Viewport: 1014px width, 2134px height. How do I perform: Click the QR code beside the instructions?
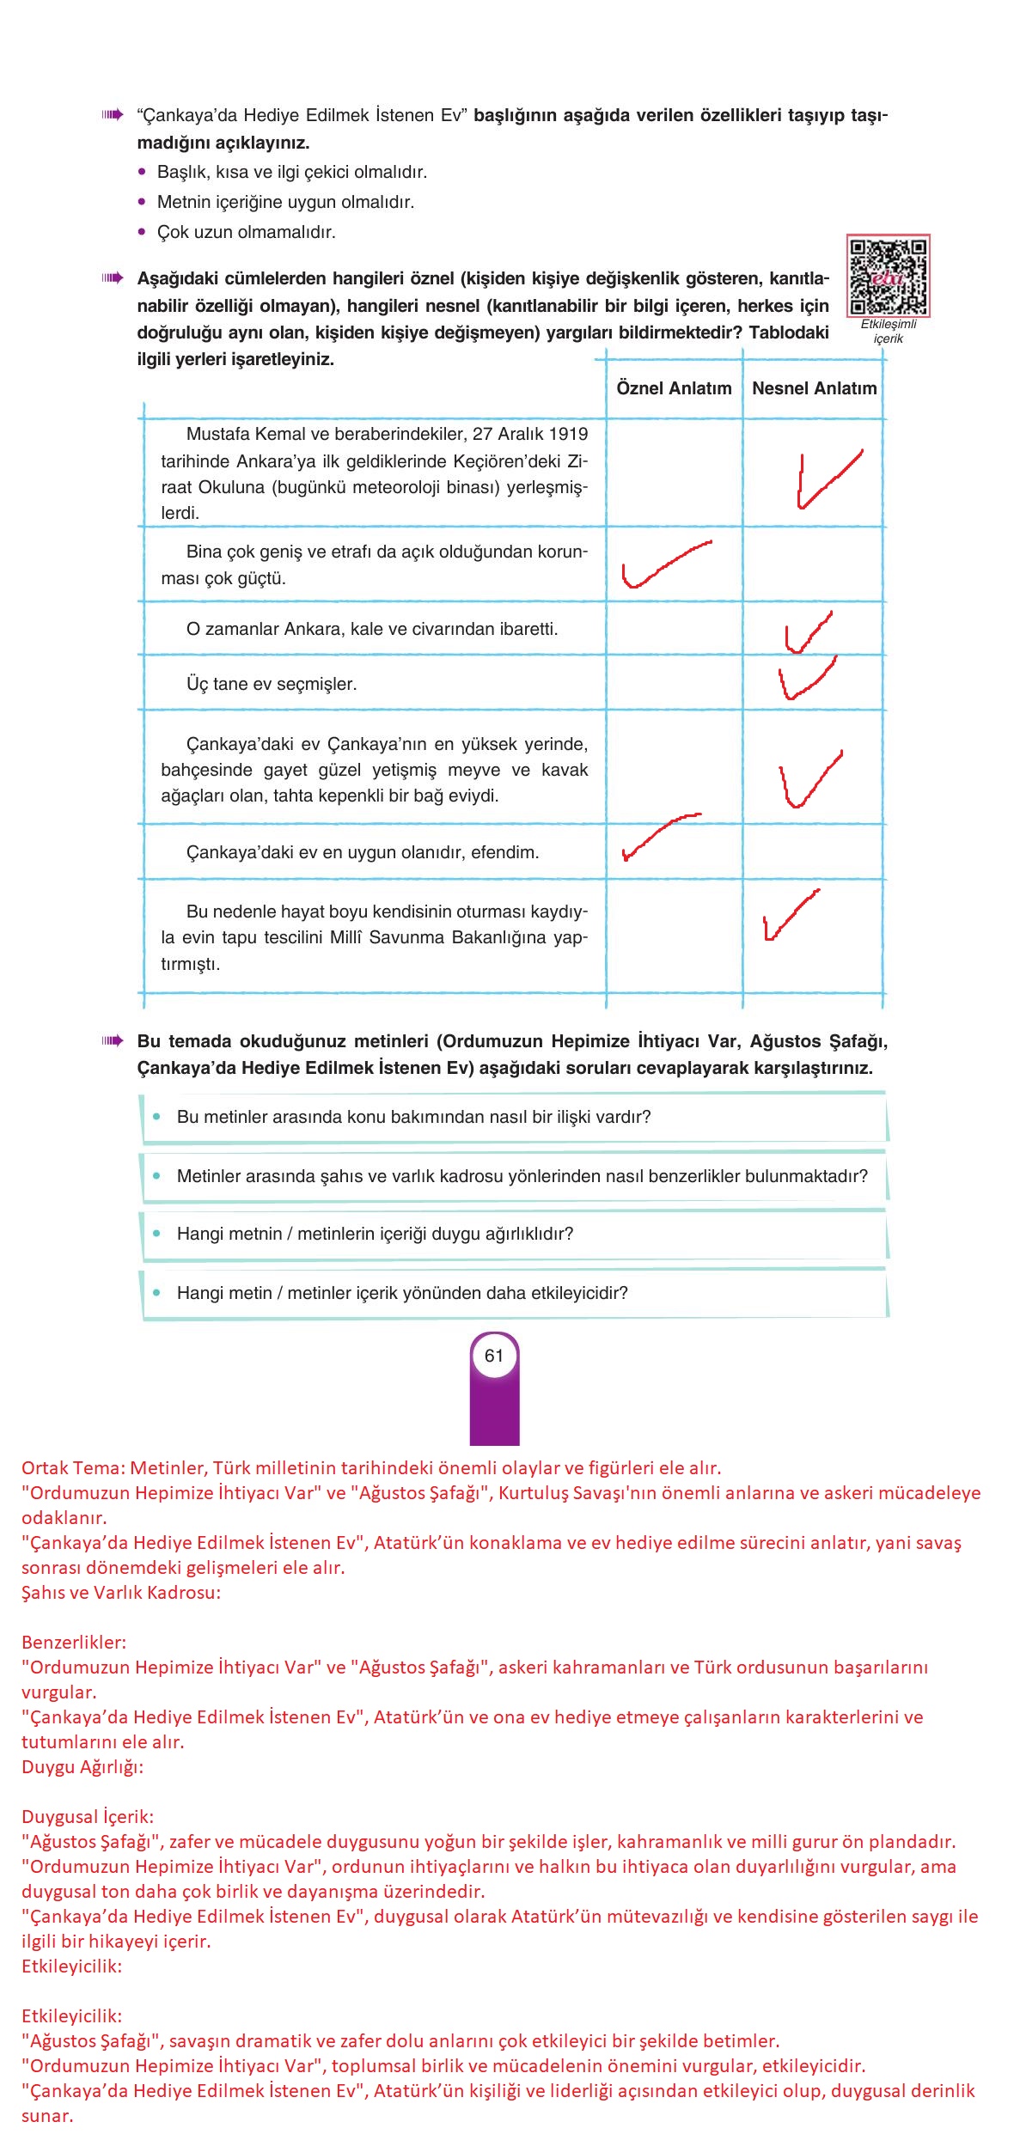[888, 277]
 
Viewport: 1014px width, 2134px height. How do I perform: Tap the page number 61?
[493, 1356]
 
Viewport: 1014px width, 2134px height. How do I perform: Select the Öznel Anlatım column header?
[674, 388]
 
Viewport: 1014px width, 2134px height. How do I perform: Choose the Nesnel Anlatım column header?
[814, 388]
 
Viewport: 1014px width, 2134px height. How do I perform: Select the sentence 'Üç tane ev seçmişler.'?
[272, 684]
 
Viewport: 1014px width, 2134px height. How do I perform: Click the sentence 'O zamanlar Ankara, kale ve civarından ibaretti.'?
[372, 629]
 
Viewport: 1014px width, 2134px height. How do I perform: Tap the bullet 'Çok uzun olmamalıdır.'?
[246, 232]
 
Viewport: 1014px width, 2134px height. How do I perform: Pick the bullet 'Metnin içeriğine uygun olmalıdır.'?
[285, 202]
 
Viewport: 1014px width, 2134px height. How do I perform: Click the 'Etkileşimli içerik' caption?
[889, 332]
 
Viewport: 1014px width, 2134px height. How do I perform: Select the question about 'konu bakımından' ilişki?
[413, 1117]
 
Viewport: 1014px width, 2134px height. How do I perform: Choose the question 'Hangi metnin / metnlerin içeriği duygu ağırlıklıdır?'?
[375, 1234]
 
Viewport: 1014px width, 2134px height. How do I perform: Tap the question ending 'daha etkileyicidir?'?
[402, 1293]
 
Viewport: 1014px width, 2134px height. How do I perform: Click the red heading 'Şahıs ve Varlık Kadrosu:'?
[121, 1592]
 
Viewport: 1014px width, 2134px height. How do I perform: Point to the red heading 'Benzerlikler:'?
[74, 1642]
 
